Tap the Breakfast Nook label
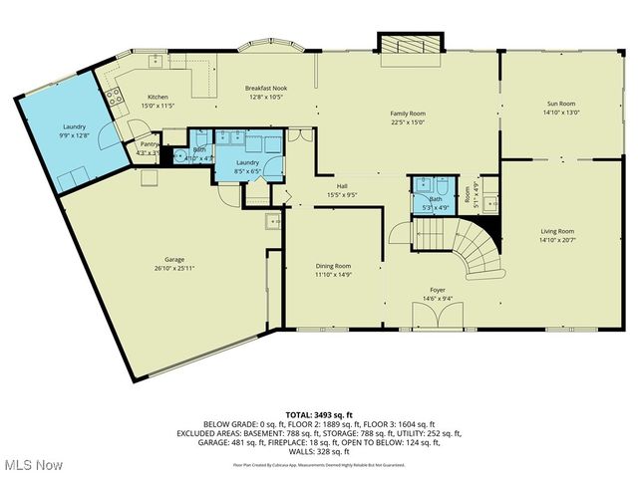tap(264, 90)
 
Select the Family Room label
tap(407, 115)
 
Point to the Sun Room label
tap(560, 104)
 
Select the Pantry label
tap(149, 144)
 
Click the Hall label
tap(342, 186)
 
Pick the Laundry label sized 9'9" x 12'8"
tap(73, 126)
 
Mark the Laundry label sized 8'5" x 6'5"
tap(247, 162)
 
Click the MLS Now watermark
tap(32, 465)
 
